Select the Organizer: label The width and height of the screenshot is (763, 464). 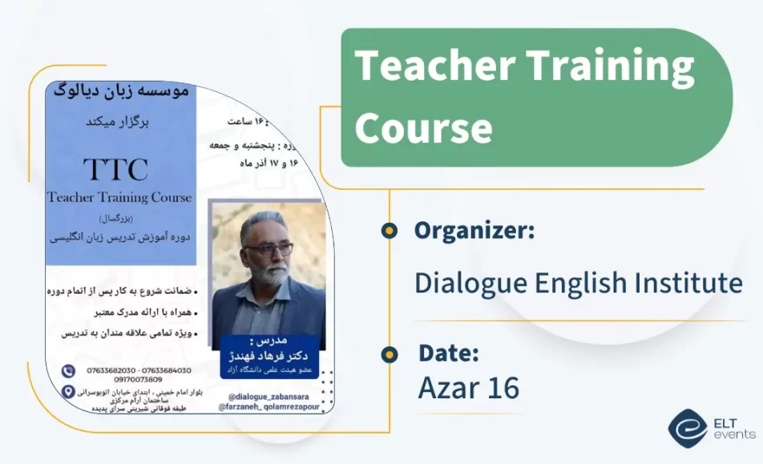pyautogui.click(x=474, y=231)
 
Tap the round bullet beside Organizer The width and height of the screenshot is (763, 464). pyautogui.click(x=390, y=231)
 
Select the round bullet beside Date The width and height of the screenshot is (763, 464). pyautogui.click(x=390, y=353)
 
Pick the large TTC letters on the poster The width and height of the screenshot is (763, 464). pyautogui.click(x=116, y=169)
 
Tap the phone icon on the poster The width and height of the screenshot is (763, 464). pyautogui.click(x=70, y=370)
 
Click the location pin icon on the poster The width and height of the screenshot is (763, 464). pyautogui.click(x=70, y=393)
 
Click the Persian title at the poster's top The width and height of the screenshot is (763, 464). pyautogui.click(x=121, y=91)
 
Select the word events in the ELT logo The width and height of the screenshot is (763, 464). pyautogui.click(x=734, y=434)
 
